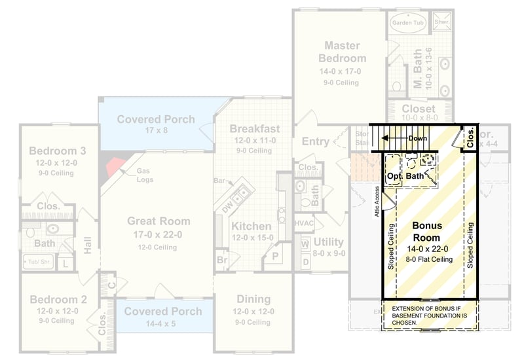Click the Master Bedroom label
tap(345, 52)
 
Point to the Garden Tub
tap(409, 22)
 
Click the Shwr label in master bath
tap(441, 22)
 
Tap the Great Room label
tap(159, 221)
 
